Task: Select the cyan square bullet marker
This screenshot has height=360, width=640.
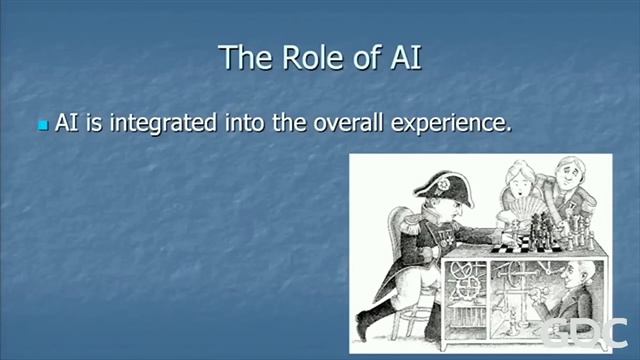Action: pos(43,126)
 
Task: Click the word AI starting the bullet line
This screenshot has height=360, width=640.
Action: pos(67,123)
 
